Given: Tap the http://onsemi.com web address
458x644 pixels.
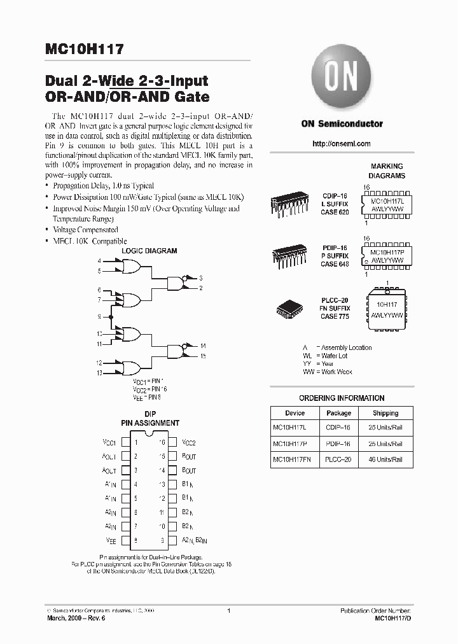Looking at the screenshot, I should click(342, 144).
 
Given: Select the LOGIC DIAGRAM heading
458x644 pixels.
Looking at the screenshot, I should click(149, 251).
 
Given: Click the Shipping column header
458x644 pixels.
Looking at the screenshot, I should click(385, 413).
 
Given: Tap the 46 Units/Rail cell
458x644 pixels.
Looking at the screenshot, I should click(385, 459).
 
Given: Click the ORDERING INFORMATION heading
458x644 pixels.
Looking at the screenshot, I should click(342, 398).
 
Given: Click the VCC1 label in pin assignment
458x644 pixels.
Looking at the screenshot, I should click(109, 442).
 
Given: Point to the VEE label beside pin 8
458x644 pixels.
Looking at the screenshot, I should click(111, 540).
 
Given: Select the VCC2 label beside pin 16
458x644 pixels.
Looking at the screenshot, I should click(189, 442).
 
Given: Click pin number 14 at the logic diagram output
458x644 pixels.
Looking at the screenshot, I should click(202, 346).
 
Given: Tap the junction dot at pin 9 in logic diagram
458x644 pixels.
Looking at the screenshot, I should click(111, 317).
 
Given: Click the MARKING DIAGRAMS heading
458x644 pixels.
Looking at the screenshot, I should click(387, 171).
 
